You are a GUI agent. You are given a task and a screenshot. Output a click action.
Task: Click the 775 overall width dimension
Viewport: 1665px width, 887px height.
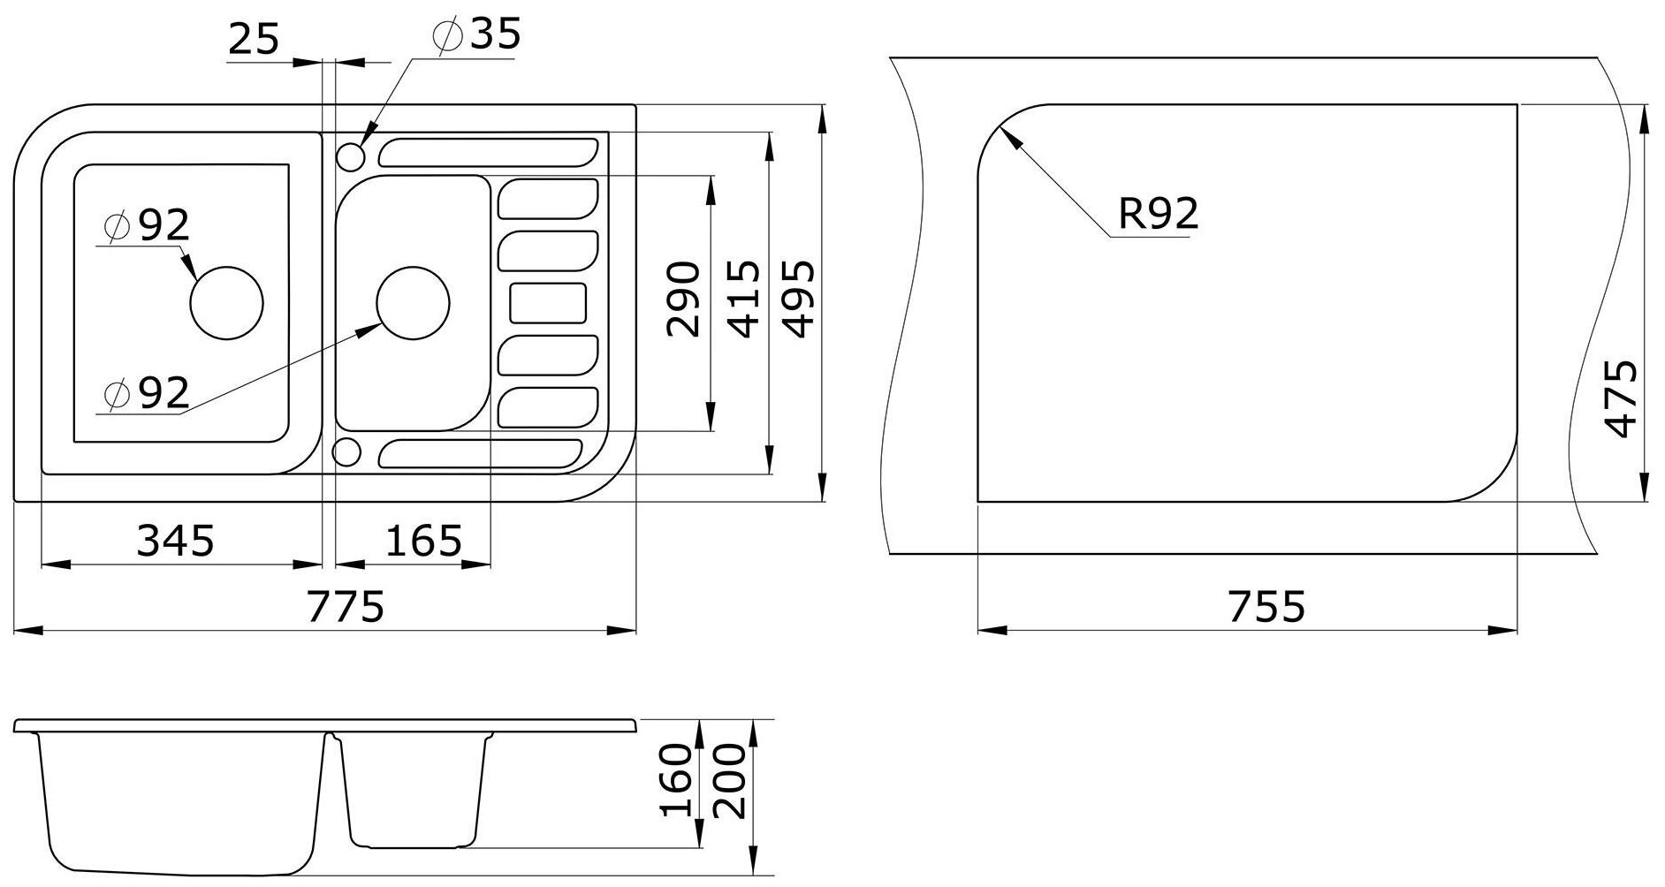click(346, 607)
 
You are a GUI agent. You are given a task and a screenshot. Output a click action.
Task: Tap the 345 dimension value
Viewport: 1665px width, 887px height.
click(175, 540)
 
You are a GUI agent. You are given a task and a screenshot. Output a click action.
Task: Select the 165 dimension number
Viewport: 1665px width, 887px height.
click(423, 540)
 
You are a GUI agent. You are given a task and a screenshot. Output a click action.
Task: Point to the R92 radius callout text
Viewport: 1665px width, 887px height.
click(1158, 213)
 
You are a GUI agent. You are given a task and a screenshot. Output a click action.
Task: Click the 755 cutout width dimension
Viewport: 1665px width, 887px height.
click(1266, 607)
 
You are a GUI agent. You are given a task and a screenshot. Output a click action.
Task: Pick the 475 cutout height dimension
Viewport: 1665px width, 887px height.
click(1621, 398)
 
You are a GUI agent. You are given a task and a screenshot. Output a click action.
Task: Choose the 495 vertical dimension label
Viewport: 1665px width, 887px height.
click(799, 299)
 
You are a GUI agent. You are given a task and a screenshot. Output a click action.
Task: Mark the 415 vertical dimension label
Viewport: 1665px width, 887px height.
click(743, 299)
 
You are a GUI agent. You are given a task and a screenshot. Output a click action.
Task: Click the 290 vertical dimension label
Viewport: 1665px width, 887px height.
click(683, 299)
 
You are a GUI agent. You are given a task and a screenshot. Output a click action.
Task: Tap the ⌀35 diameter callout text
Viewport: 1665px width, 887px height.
click(477, 34)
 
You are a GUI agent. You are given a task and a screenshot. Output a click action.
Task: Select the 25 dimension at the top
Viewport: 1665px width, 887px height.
click(254, 39)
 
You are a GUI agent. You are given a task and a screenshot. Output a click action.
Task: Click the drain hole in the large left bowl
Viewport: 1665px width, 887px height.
click(227, 301)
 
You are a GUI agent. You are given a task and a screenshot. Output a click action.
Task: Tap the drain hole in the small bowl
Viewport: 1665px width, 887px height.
click(413, 301)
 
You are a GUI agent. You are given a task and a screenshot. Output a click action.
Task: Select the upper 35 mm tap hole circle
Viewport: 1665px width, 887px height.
click(350, 158)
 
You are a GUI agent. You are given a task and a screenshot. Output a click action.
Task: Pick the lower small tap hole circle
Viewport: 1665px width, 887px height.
click(347, 451)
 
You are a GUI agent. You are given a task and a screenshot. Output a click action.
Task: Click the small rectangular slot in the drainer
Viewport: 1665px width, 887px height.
click(548, 303)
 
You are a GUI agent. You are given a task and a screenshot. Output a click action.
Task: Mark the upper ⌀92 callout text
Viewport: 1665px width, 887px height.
click(147, 226)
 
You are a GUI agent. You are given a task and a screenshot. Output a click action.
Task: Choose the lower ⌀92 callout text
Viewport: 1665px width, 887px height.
click(147, 393)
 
